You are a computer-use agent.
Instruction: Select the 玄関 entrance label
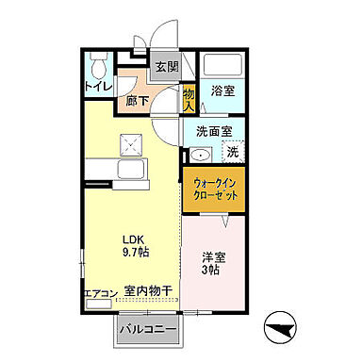(166, 67)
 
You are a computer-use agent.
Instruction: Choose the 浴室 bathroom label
(222, 92)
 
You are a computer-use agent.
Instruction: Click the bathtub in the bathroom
(224, 65)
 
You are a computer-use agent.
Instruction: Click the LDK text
(130, 238)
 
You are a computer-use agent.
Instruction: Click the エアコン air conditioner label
(98, 294)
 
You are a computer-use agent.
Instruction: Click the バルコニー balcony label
(148, 331)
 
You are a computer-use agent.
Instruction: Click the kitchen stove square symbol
(126, 146)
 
